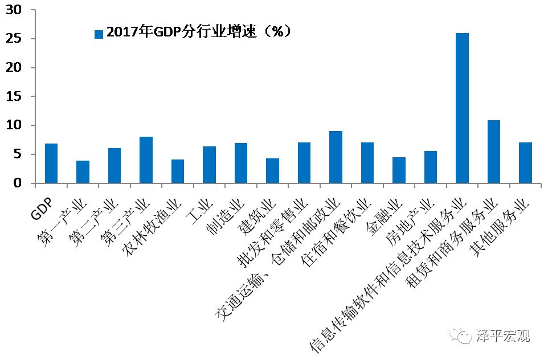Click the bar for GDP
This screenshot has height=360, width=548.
tap(51, 163)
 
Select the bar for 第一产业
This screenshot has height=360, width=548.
tap(83, 172)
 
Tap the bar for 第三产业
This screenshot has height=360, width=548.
tap(146, 160)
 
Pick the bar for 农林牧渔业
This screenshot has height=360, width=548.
tap(178, 171)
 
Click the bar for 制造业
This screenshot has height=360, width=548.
tap(241, 163)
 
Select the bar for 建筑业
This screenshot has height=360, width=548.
tap(272, 171)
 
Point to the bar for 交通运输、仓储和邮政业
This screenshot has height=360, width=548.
tap(336, 157)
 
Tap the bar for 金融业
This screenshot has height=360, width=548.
tap(399, 170)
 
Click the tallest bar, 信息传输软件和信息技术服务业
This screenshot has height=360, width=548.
tap(462, 108)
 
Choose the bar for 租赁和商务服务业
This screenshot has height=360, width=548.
tap(494, 152)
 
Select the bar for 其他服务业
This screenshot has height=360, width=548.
tap(525, 163)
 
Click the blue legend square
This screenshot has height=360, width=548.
tap(99, 34)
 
